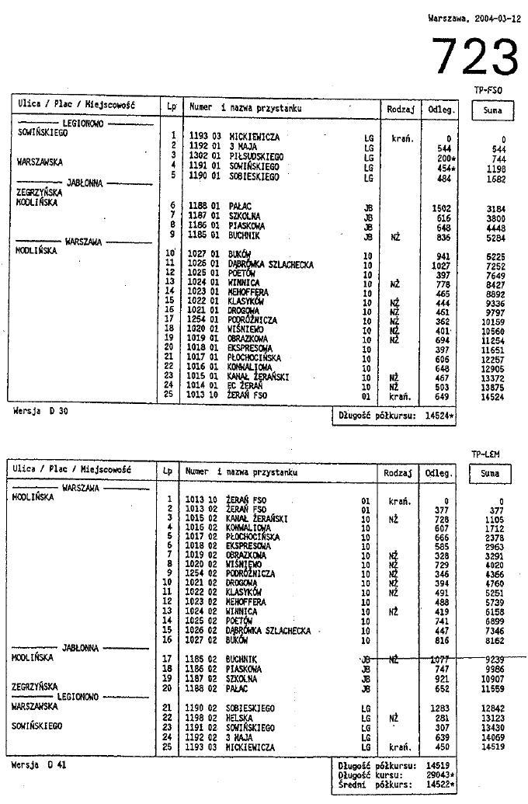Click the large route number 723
474,57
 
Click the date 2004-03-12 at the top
474,17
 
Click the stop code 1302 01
205,156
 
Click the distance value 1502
440,207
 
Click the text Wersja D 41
39,764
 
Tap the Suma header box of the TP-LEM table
492,473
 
